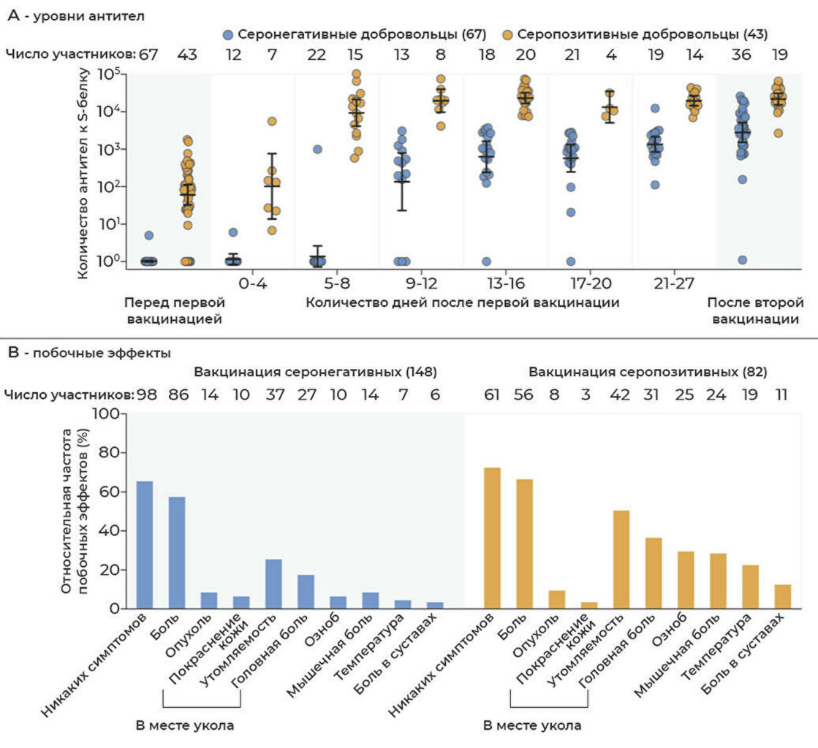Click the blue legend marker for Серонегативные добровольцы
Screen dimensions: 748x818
(228, 34)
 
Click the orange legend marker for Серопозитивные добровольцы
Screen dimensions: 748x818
(506, 34)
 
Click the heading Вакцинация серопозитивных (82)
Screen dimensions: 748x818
(648, 372)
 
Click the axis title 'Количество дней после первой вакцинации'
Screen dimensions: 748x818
(462, 302)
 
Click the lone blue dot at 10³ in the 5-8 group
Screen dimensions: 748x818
(317, 149)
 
